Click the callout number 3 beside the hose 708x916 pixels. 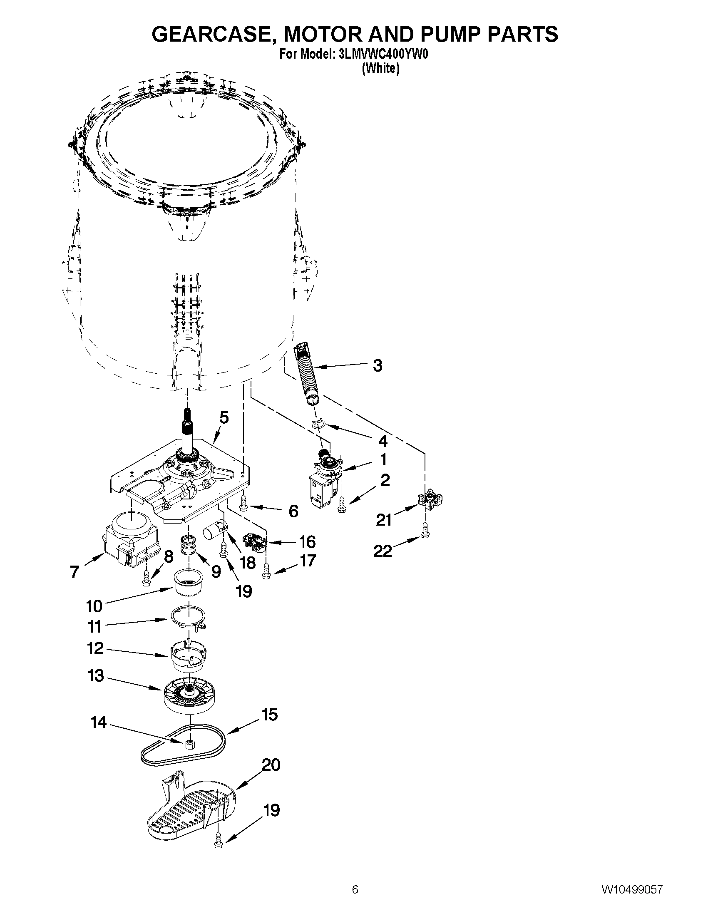pos(378,365)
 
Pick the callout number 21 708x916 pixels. pos(384,520)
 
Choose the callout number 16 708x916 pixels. pos(307,541)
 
